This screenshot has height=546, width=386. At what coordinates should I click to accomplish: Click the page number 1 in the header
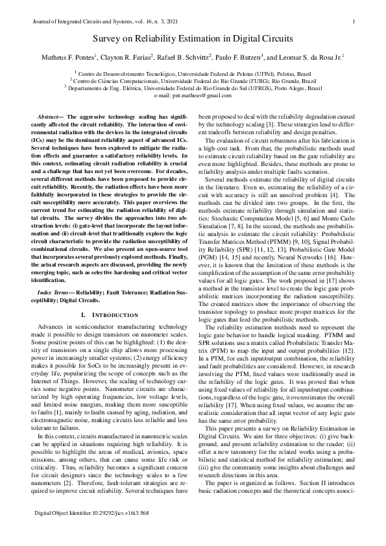click(352, 21)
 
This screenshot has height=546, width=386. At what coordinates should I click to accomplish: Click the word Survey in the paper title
click(109, 40)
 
